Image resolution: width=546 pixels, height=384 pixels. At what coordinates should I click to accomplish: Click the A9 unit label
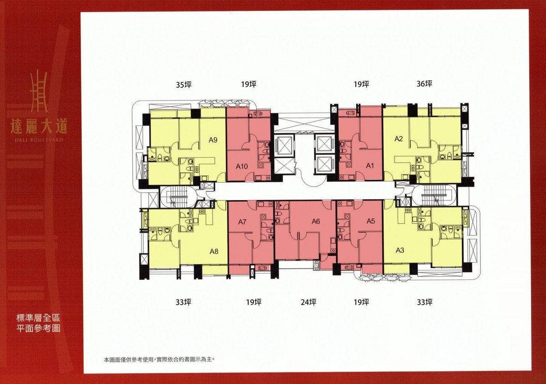pyautogui.click(x=213, y=140)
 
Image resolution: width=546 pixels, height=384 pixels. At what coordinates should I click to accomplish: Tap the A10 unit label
pyautogui.click(x=242, y=167)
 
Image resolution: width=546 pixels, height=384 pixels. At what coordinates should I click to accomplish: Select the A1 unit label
pyautogui.click(x=370, y=166)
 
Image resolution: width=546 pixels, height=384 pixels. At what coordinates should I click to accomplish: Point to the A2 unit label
pyautogui.click(x=399, y=139)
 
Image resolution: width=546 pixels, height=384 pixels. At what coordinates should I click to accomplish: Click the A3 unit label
pyautogui.click(x=400, y=250)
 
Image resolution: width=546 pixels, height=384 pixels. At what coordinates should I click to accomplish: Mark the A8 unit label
pyautogui.click(x=214, y=252)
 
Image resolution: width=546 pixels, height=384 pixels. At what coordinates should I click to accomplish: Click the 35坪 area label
pyautogui.click(x=183, y=85)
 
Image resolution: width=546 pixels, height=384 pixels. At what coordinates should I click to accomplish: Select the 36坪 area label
pyautogui.click(x=425, y=84)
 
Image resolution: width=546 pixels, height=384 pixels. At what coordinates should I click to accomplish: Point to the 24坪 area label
pyautogui.click(x=308, y=302)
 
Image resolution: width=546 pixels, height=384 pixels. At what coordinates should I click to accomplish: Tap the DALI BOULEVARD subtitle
pyautogui.click(x=39, y=140)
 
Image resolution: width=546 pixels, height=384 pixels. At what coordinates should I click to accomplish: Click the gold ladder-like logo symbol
pyautogui.click(x=39, y=91)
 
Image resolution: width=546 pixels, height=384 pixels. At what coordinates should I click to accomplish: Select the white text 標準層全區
pyautogui.click(x=38, y=318)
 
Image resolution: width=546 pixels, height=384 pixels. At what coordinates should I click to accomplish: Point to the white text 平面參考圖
pyautogui.click(x=38, y=329)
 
